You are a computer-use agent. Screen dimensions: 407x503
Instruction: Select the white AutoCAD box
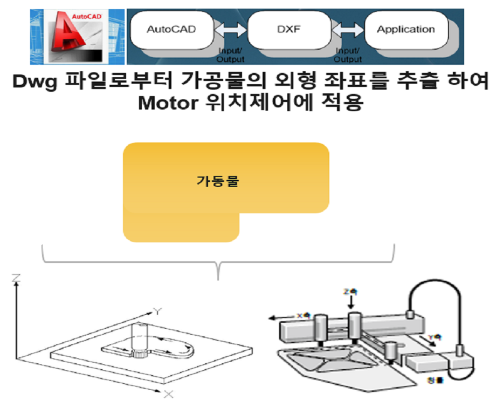(171, 29)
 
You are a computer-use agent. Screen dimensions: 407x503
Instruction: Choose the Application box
(405, 29)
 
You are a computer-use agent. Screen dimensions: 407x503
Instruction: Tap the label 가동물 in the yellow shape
(217, 181)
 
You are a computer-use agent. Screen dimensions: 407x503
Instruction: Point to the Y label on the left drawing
(157, 311)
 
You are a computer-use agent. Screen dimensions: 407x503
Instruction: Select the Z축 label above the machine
(350, 292)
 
